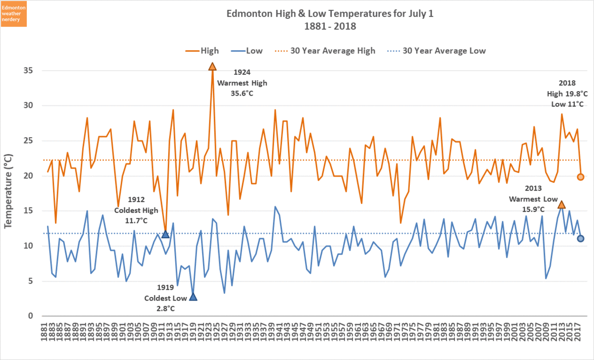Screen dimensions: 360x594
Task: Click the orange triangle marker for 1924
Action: (212, 66)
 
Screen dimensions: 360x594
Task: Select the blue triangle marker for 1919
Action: (193, 297)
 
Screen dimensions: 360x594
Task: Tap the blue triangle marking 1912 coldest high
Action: (165, 234)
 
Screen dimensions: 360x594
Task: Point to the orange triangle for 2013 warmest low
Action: (561, 205)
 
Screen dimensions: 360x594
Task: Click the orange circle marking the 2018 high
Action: (581, 177)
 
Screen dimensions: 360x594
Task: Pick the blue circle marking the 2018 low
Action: (581, 239)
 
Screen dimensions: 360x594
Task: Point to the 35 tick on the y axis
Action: (28, 71)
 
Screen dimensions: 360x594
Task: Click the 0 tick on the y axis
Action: (31, 316)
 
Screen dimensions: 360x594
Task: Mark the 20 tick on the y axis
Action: (28, 176)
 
